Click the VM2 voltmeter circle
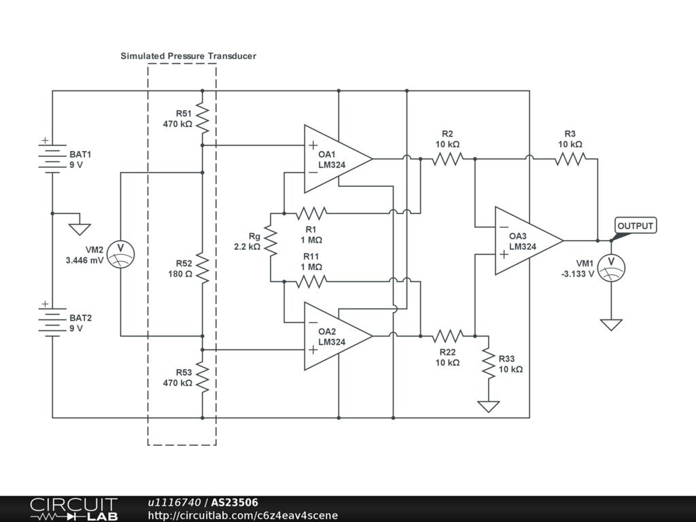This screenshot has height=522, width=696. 121,254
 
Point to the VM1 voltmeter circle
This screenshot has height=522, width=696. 611,267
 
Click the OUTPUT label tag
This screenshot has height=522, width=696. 636,226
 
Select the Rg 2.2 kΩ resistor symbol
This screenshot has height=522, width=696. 271,241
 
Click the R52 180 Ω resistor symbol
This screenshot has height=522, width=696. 203,268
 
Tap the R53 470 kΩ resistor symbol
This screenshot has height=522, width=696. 203,377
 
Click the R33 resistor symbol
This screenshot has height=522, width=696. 488,363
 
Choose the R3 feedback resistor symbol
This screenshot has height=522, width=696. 570,159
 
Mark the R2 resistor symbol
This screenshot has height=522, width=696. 447,159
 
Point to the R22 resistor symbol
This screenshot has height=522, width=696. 447,336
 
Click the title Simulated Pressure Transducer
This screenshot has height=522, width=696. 188,56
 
